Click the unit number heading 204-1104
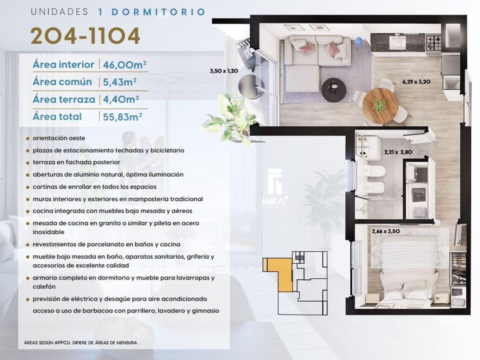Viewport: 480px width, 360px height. pos(85,36)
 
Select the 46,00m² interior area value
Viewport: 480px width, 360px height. pos(124,65)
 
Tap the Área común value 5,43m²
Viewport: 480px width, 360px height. pos(120,82)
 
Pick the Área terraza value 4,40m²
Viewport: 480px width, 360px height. pos(121,99)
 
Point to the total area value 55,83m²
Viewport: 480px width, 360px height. pos(122,116)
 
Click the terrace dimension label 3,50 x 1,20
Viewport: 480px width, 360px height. pos(224,71)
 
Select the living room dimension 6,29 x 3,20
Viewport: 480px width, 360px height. pos(416,82)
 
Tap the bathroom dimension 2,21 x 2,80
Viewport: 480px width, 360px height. pos(398,152)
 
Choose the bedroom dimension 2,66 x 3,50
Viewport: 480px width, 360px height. pos(386,231)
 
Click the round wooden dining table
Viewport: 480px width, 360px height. pos(380,106)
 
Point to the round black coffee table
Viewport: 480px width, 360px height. pos(334,90)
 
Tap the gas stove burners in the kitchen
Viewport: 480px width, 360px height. pos(433,42)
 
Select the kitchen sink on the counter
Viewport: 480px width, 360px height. pos(397,43)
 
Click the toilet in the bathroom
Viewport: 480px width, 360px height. pos(374,171)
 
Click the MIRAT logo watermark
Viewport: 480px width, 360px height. pos(275,189)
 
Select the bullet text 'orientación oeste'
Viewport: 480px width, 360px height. pos(59,138)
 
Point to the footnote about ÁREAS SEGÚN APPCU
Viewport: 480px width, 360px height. pos(81,343)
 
